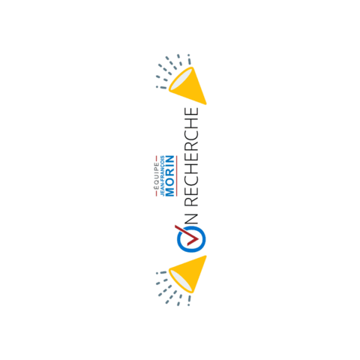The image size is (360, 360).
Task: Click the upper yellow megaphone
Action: click(x=187, y=82)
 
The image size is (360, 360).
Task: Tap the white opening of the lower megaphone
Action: click(x=178, y=279)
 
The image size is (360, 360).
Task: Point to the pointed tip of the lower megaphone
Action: click(x=204, y=256)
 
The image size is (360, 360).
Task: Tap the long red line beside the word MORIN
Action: click(x=175, y=175)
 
